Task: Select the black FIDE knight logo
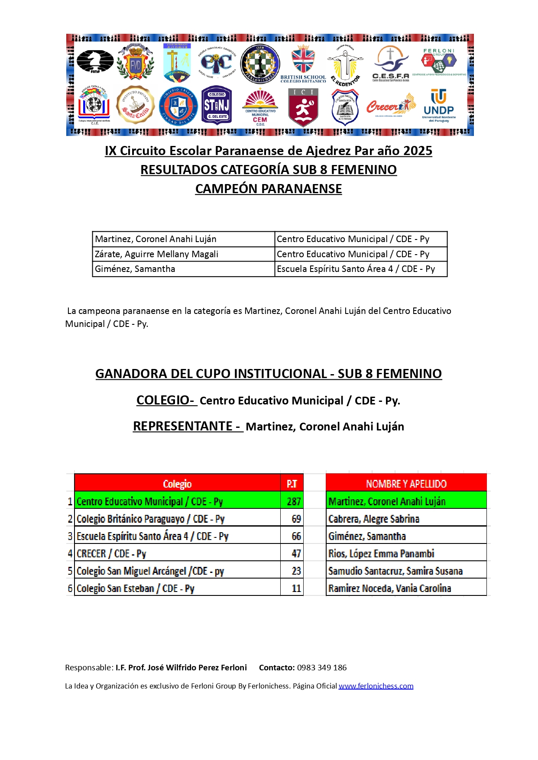click(95, 62)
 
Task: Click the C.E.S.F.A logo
click(390, 64)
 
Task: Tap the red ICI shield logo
click(303, 107)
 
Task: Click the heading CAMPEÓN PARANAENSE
click(269, 189)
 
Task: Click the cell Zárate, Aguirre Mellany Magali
click(157, 254)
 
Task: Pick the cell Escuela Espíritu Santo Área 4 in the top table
click(356, 269)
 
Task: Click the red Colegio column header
click(177, 483)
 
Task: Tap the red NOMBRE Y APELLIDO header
click(406, 483)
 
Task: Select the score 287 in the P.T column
click(294, 501)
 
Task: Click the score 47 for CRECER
click(296, 553)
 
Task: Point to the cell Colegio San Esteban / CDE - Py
click(136, 589)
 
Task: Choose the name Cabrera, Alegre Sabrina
click(374, 519)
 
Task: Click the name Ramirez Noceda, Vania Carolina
click(389, 589)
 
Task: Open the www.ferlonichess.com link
click(376, 686)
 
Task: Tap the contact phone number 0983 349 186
click(322, 667)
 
